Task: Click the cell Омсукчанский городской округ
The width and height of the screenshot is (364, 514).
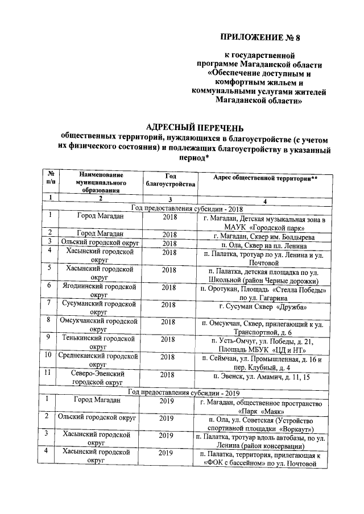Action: [100, 327]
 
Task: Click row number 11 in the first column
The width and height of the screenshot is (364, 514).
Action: [50, 374]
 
